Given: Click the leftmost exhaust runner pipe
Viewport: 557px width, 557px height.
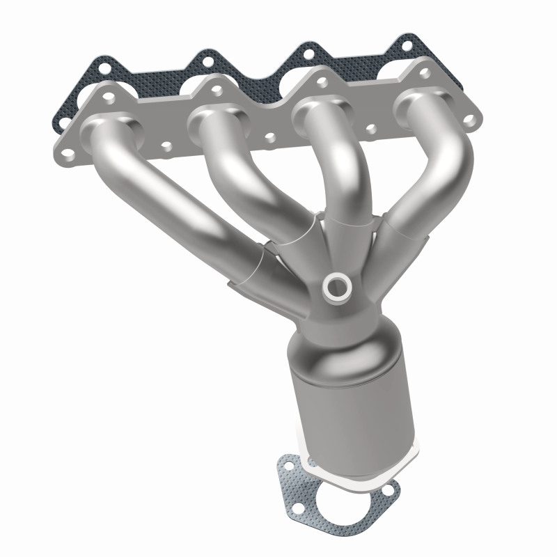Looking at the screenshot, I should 174,195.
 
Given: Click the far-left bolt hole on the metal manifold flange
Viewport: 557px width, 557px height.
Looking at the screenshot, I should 67,148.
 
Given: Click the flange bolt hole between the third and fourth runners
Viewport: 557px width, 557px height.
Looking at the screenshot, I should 371,128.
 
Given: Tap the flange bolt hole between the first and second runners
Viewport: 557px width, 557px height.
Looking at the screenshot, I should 166,146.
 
